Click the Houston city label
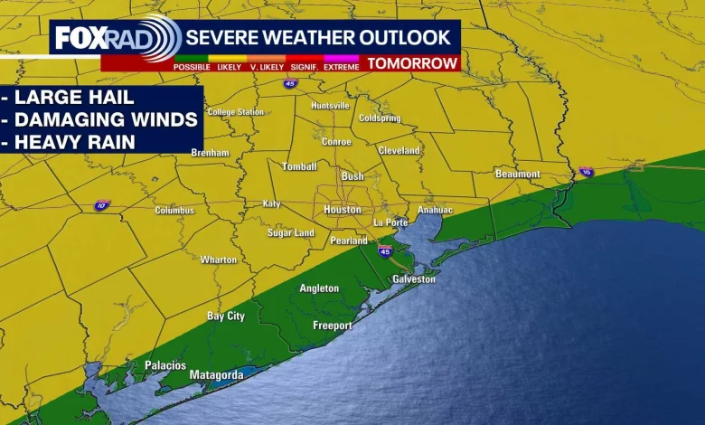point(343,210)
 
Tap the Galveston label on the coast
point(414,279)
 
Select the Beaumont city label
point(518,174)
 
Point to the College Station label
point(236,112)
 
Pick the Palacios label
point(165,365)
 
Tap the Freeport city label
point(333,325)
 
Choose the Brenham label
point(211,153)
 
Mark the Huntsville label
point(330,106)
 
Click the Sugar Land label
point(291,233)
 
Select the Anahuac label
point(435,210)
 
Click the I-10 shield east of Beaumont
point(587,172)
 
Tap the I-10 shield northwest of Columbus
point(102,206)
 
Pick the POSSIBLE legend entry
point(193,67)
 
